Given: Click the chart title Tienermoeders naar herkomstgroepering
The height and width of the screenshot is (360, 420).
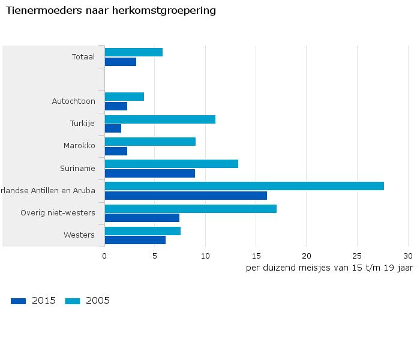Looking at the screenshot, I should tap(110, 11).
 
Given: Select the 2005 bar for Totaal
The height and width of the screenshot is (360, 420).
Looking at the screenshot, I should tap(133, 52).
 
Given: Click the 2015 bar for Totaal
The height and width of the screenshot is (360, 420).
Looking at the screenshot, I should tap(120, 62).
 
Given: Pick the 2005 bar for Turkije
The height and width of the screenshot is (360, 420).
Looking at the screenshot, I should tap(160, 119).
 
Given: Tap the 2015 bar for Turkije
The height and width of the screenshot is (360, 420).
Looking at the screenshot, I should tap(113, 128).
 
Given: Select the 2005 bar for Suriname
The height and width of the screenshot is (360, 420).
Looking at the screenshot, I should tap(171, 164).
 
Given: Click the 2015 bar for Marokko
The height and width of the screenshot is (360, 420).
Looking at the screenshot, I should tap(116, 151).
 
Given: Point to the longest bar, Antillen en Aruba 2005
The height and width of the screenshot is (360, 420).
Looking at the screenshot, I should tap(244, 186).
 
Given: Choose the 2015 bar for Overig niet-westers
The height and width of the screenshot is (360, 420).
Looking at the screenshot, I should tap(142, 218).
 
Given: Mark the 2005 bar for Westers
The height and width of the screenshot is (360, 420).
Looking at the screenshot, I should tap(142, 231).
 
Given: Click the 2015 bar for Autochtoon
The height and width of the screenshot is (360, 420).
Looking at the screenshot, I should tap(116, 106).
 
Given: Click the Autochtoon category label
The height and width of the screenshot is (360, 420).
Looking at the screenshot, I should tap(73, 101).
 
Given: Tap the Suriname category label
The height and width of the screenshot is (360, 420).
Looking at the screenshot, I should tap(77, 168).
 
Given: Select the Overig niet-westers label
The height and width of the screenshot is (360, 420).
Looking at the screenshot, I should tap(58, 213).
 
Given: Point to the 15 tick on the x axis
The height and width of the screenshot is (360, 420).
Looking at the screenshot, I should tap(256, 256).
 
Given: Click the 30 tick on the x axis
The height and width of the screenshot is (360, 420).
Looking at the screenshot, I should tap(408, 256).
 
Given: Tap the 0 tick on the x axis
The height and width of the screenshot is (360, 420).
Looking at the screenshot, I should tap(104, 256).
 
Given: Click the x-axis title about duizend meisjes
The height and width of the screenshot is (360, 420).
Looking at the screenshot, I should tap(329, 268).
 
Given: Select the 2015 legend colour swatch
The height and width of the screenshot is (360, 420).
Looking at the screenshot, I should tap(19, 301).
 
